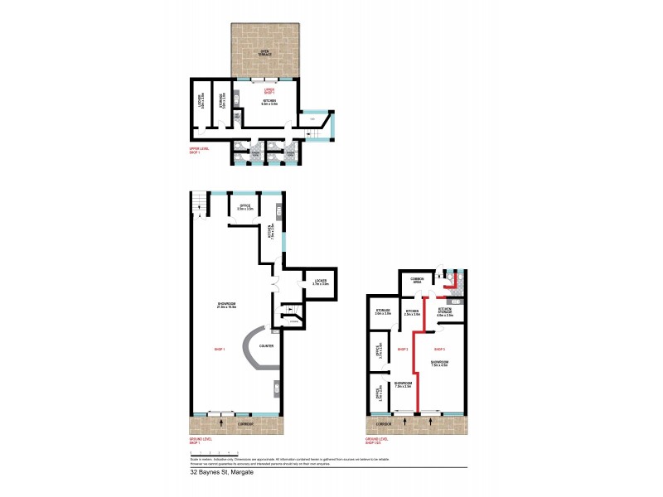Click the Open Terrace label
(264, 52)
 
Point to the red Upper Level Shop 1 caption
(202, 151)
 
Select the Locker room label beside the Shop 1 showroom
(320, 282)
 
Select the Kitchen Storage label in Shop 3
(444, 311)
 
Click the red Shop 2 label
(403, 349)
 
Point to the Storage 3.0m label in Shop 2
(382, 311)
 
